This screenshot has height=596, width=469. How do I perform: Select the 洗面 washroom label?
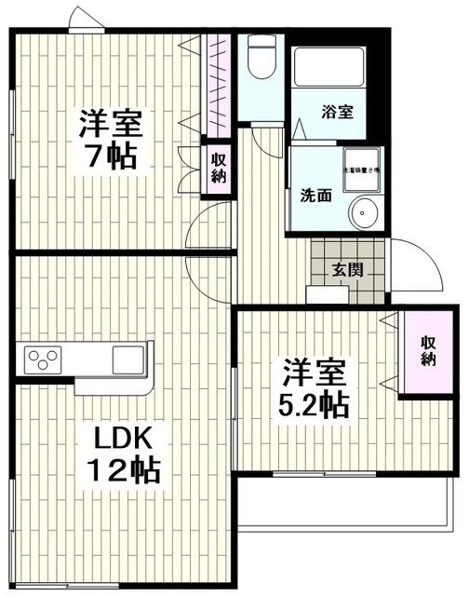[x=315, y=196]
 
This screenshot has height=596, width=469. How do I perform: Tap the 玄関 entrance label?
[x=347, y=271]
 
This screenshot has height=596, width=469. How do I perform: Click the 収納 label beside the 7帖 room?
[x=217, y=168]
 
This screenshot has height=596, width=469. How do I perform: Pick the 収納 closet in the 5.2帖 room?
[x=427, y=352]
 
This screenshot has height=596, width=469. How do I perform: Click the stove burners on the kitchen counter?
[x=42, y=358]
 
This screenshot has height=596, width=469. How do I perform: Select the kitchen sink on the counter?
[x=127, y=359]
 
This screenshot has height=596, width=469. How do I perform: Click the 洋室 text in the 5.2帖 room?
[x=316, y=373]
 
